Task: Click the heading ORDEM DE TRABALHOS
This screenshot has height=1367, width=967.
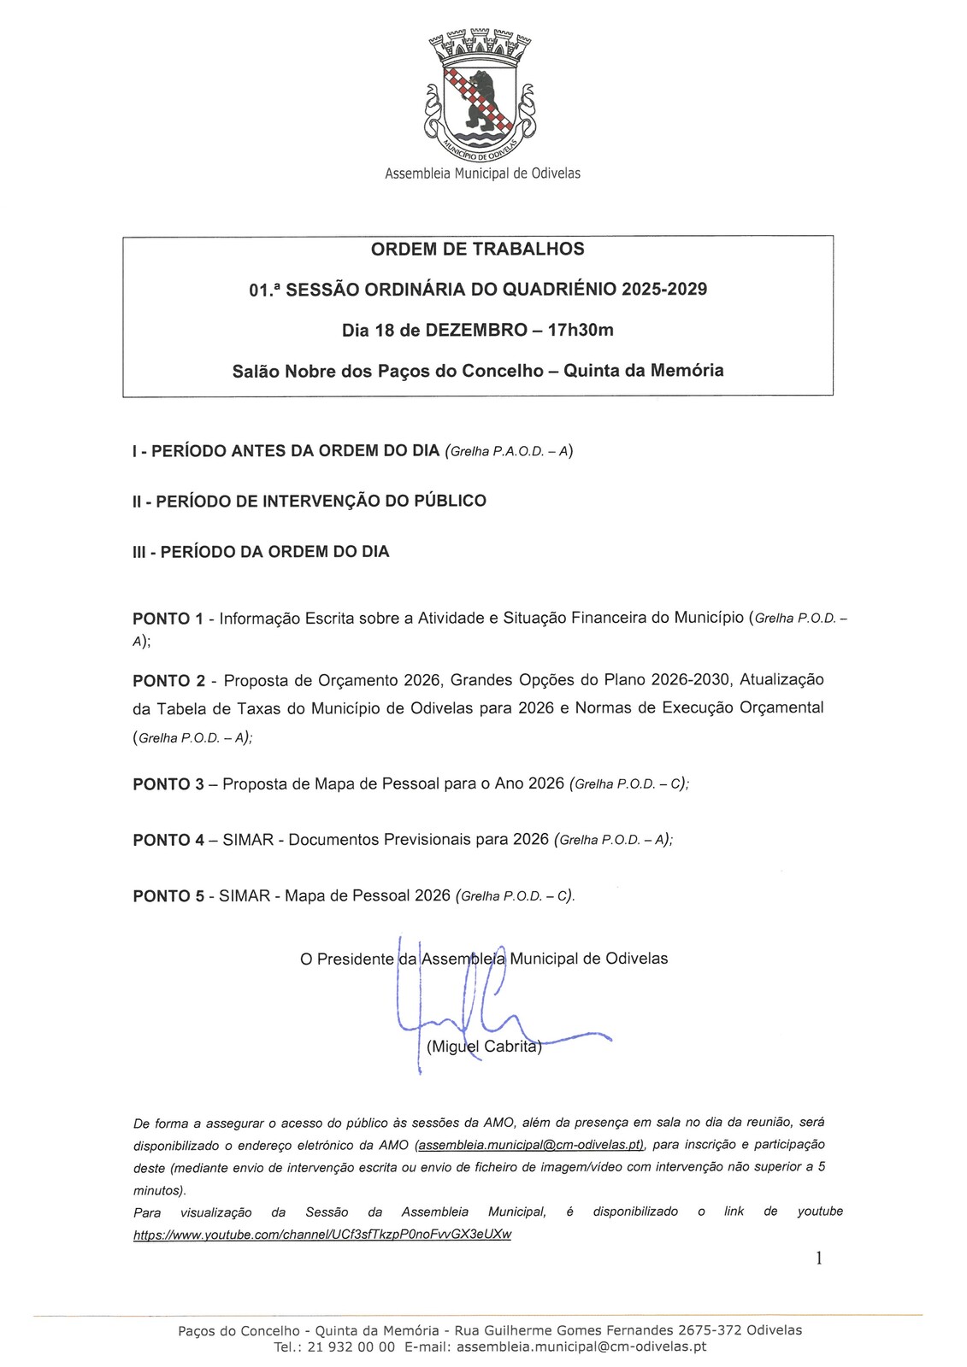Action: coord(477,249)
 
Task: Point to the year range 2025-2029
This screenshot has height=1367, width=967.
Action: coord(664,290)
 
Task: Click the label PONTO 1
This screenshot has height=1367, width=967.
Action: coord(168,619)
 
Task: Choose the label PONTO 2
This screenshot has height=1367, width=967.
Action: coord(168,681)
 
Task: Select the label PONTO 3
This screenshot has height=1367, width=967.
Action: coord(168,784)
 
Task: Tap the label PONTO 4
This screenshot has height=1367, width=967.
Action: coord(168,841)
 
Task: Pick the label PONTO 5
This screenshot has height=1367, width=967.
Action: coord(168,896)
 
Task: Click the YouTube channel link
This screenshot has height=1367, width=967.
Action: coord(322,1235)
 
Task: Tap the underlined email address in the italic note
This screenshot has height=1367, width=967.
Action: coord(529,1145)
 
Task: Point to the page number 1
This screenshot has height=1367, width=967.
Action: coord(819,1258)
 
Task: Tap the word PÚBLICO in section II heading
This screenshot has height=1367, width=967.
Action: coord(451,502)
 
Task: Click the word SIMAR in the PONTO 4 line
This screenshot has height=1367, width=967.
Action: coord(248,841)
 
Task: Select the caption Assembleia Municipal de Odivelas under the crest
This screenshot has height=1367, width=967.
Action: coord(482,173)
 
